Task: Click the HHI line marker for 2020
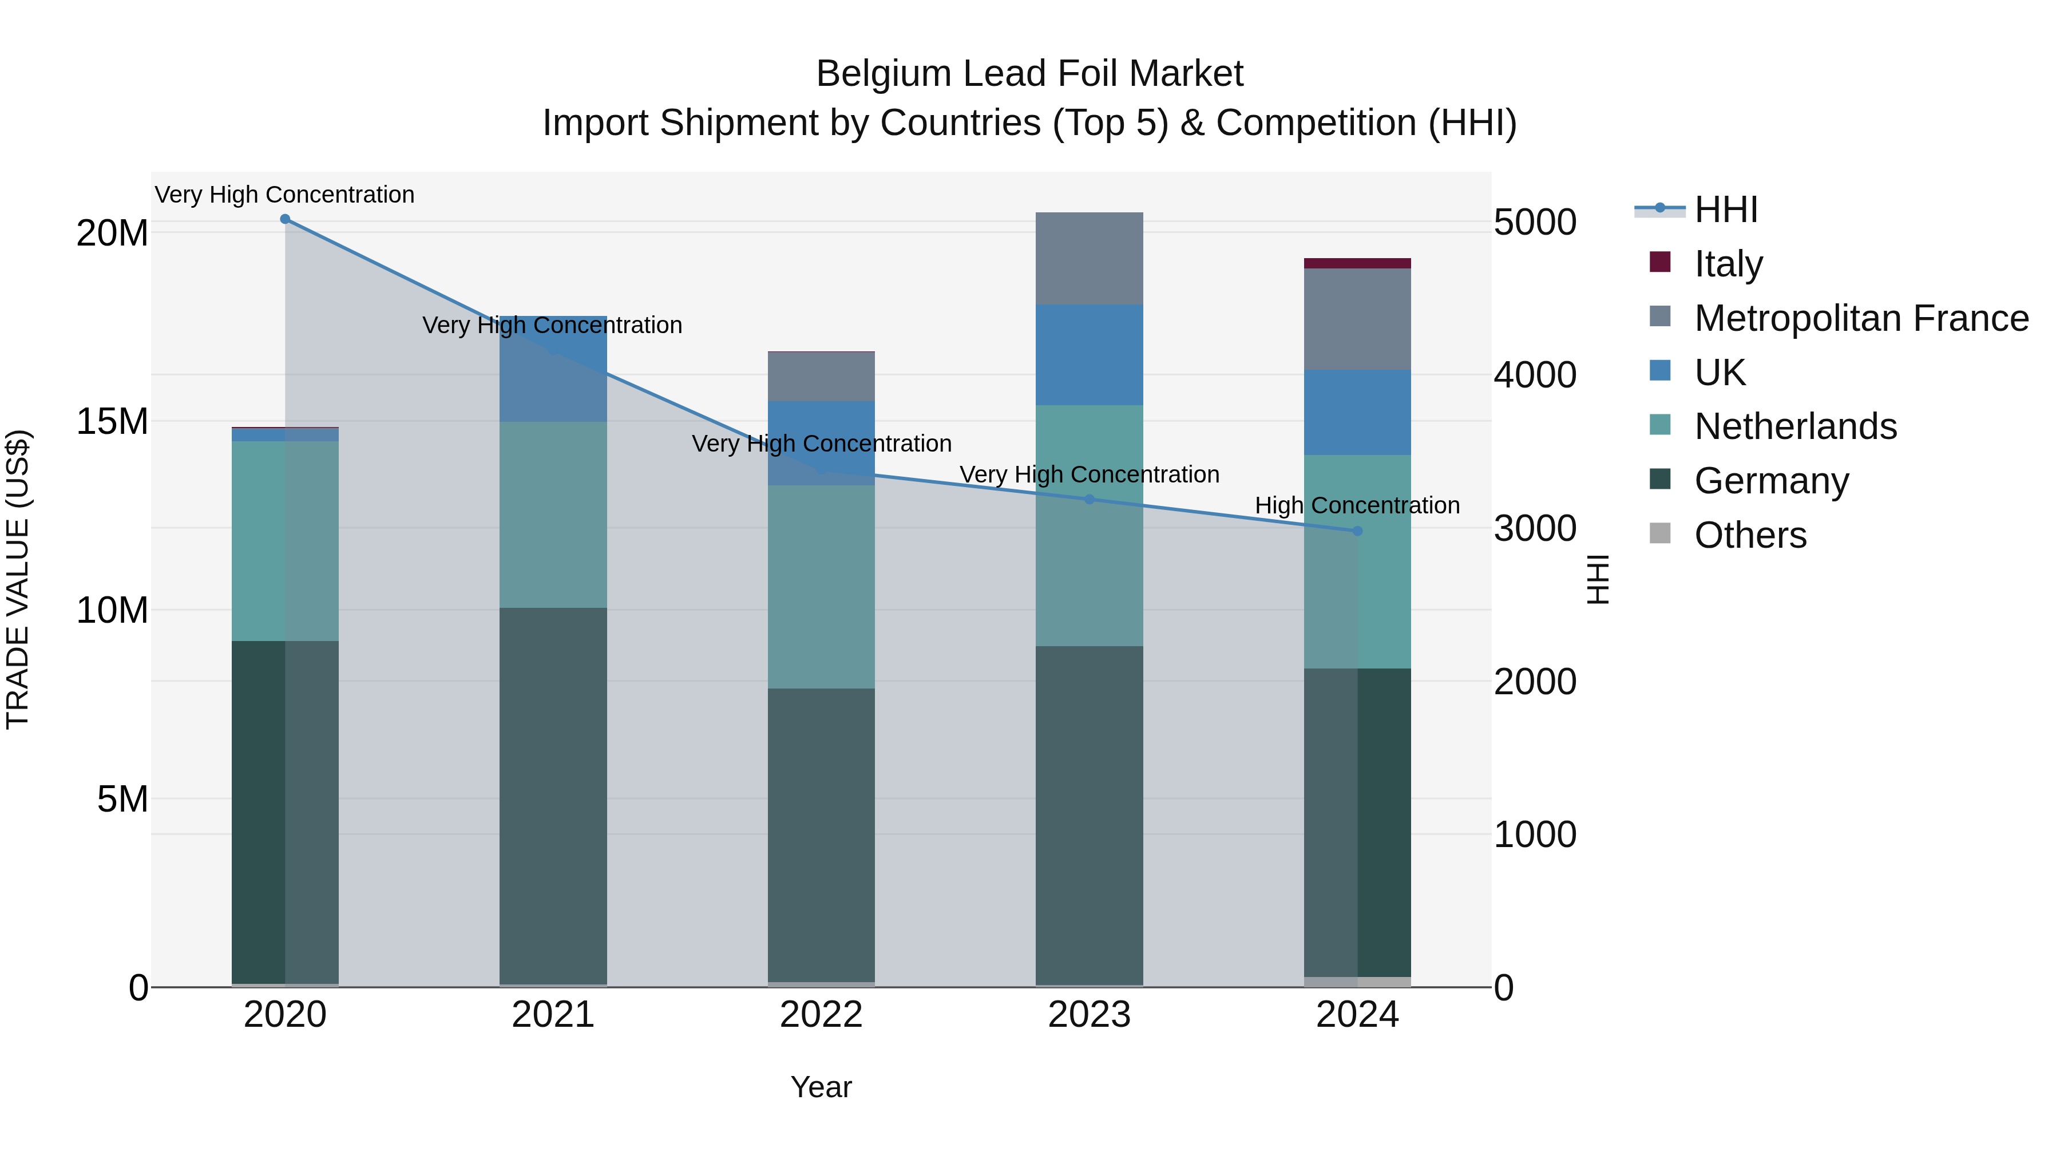click(x=285, y=219)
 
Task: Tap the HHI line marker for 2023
click(x=1089, y=499)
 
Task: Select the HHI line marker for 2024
click(x=1357, y=531)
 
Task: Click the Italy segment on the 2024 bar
click(x=1357, y=263)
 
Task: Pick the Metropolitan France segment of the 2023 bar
click(x=1089, y=258)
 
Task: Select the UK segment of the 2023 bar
click(x=1089, y=354)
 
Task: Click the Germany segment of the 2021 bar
click(x=553, y=796)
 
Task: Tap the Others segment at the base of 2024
click(x=1357, y=982)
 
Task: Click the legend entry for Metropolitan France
click(x=1861, y=318)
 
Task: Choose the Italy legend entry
click(x=1728, y=264)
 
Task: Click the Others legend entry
click(x=1750, y=535)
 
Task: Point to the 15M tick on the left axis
click(x=112, y=421)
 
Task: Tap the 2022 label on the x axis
click(x=821, y=1015)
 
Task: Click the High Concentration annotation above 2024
click(x=1357, y=505)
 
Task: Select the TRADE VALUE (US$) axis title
click(x=18, y=579)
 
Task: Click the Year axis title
click(x=821, y=1087)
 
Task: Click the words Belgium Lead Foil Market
click(x=1029, y=74)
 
